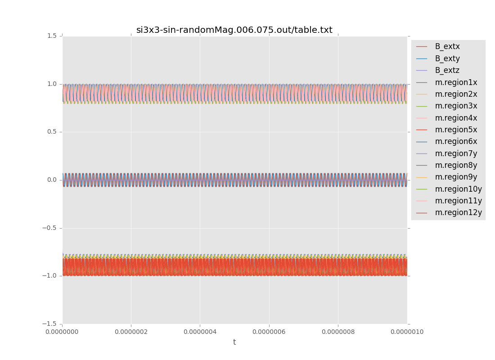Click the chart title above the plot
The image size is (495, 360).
click(234, 30)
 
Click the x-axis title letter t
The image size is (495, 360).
click(234, 342)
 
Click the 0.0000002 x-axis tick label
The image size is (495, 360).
click(131, 332)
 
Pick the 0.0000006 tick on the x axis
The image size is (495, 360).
click(269, 332)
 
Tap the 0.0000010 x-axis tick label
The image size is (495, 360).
click(407, 332)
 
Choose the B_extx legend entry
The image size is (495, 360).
click(447, 46)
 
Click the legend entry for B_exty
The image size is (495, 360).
click(447, 58)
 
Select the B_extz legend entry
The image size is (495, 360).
click(447, 70)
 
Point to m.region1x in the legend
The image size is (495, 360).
click(456, 82)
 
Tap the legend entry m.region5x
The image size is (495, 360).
click(456, 130)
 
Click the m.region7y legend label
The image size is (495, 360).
click(456, 153)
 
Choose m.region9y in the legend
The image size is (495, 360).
click(456, 177)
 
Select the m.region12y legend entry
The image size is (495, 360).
click(458, 212)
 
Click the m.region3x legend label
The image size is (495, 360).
click(456, 106)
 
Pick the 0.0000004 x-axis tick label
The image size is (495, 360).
click(200, 332)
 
